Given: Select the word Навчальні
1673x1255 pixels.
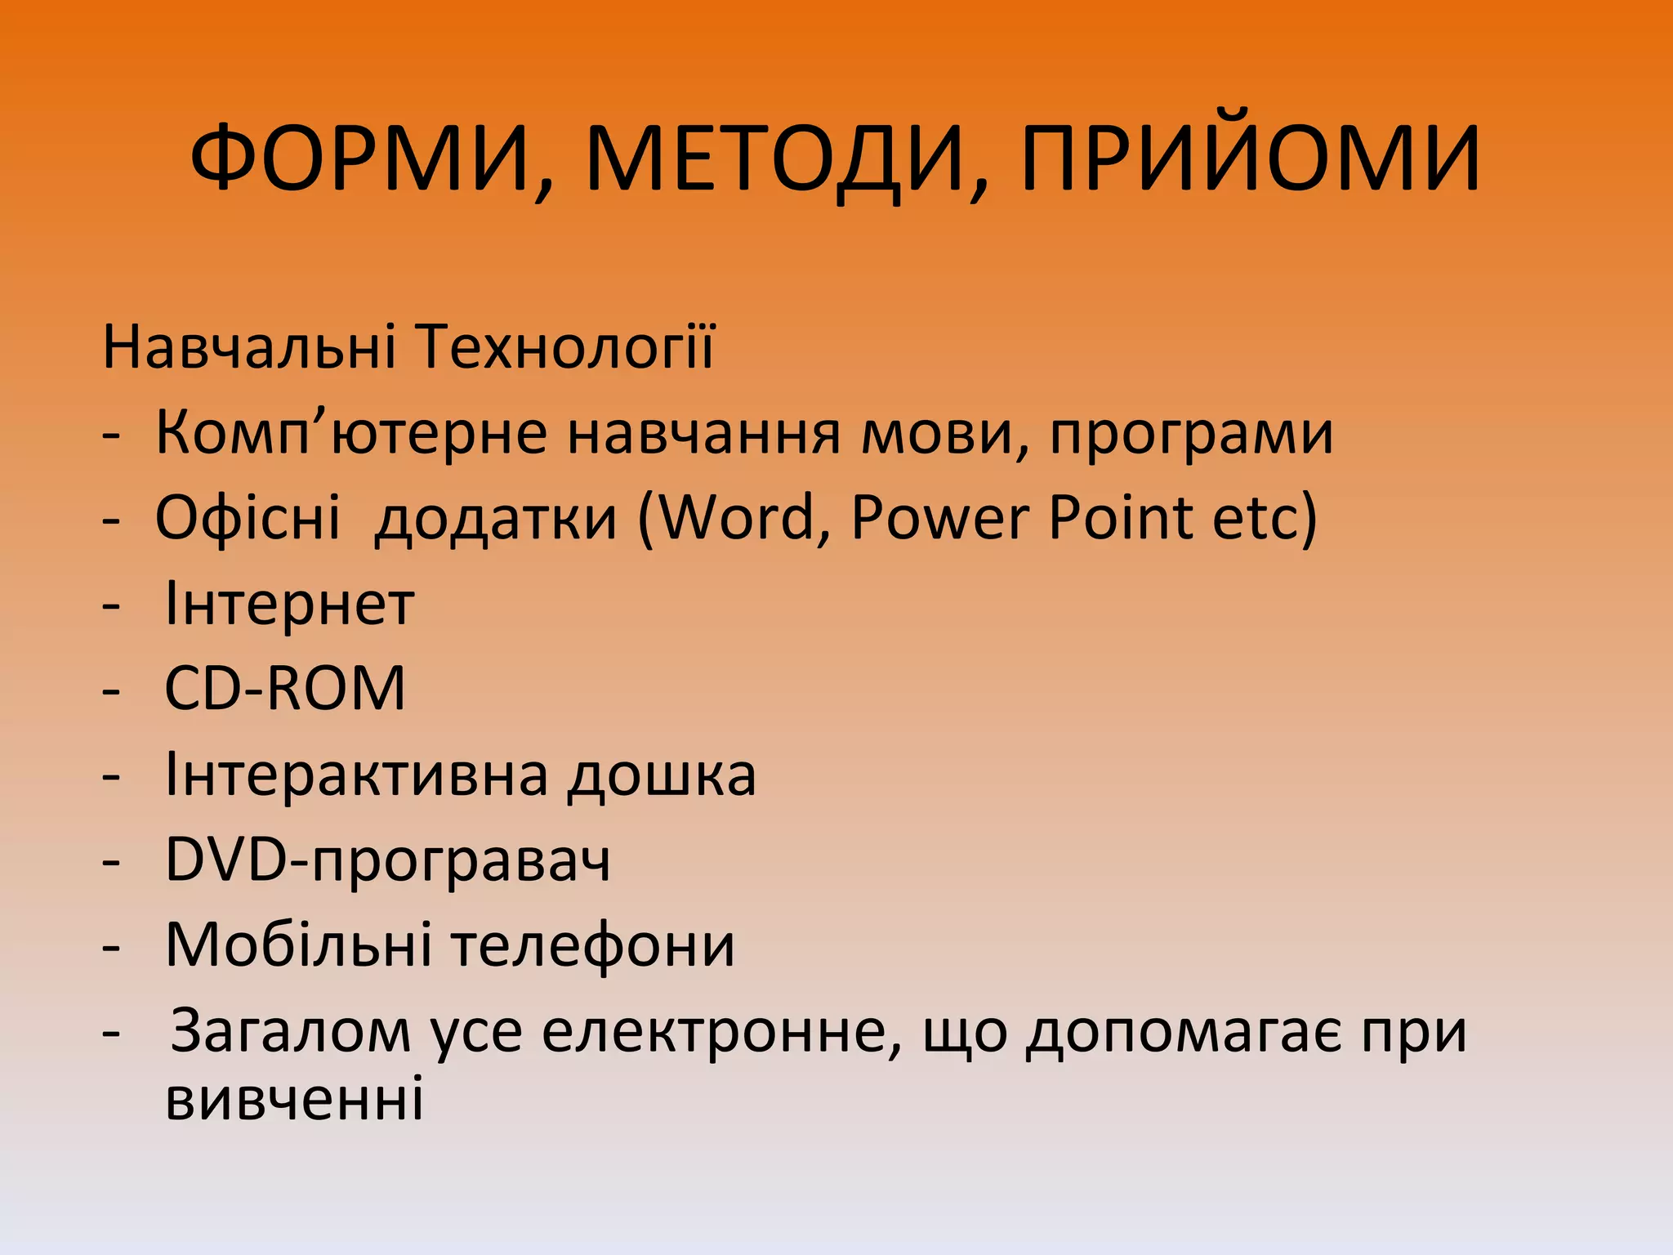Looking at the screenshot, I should point(249,347).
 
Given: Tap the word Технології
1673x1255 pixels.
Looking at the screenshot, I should point(564,347).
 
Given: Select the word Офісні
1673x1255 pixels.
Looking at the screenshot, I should point(248,518).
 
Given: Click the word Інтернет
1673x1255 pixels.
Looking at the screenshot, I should point(290,605).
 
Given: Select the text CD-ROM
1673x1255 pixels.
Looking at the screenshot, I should point(285,689).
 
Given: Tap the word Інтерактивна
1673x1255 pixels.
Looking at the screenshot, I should point(356,775).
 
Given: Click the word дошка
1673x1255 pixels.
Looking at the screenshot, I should point(663,775).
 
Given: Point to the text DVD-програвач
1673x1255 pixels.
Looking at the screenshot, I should point(387,860).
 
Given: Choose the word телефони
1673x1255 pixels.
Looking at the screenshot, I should point(593,945).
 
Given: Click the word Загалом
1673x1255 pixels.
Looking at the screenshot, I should point(291,1031).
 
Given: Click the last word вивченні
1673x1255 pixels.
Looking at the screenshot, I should point(295,1099).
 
